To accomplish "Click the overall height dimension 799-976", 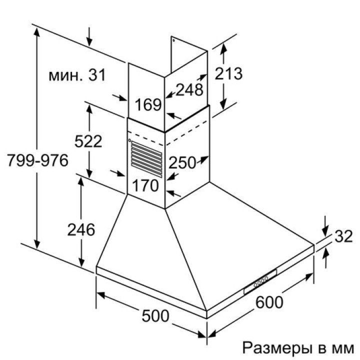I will pos(37,161).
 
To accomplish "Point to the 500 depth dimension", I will pos(155,316).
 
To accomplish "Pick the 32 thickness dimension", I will pos(343,236).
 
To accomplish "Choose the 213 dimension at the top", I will pos(228,73).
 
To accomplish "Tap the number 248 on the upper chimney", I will pos(189,90).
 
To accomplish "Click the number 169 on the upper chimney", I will pos(148,105).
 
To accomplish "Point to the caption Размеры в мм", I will pos(298,347).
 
